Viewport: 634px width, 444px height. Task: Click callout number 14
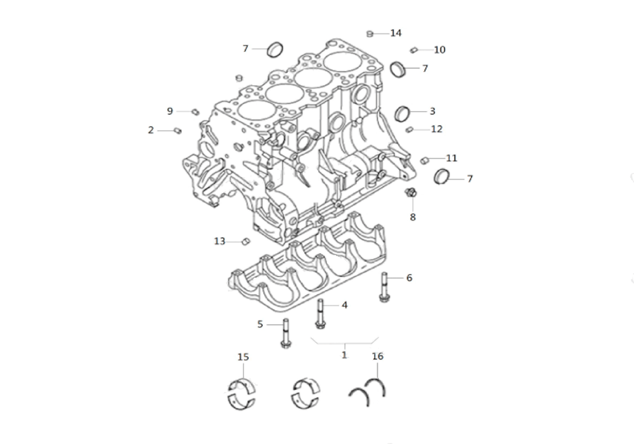pyautogui.click(x=396, y=33)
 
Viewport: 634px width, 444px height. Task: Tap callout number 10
pyautogui.click(x=439, y=49)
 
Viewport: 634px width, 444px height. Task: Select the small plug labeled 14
pyautogui.click(x=369, y=34)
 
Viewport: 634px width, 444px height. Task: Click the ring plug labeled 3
pyautogui.click(x=402, y=114)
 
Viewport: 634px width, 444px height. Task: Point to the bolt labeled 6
pyautogui.click(x=384, y=287)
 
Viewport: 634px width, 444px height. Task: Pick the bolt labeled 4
pyautogui.click(x=320, y=314)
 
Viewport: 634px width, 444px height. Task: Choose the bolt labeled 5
pyautogui.click(x=285, y=333)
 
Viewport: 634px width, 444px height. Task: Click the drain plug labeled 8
pyautogui.click(x=411, y=193)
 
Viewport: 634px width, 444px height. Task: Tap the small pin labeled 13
pyautogui.click(x=245, y=242)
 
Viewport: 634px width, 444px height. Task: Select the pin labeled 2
pyautogui.click(x=177, y=131)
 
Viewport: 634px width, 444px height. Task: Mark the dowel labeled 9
pyautogui.click(x=195, y=111)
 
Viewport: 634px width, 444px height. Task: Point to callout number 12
pyautogui.click(x=437, y=129)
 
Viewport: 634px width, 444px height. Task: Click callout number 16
pyautogui.click(x=377, y=356)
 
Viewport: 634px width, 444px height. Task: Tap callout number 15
pyautogui.click(x=243, y=357)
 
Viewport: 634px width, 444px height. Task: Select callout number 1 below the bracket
pyautogui.click(x=344, y=355)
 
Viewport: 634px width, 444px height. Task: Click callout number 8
pyautogui.click(x=413, y=217)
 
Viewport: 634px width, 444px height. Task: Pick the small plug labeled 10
pyautogui.click(x=413, y=50)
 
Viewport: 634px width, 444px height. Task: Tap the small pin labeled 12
pyautogui.click(x=409, y=129)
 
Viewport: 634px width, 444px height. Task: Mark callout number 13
pyautogui.click(x=219, y=242)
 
